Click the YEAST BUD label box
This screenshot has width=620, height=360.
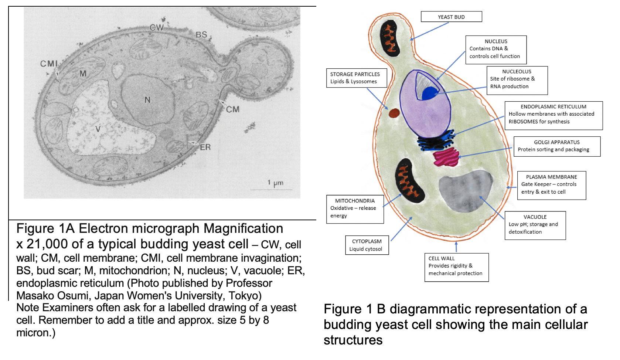(451, 17)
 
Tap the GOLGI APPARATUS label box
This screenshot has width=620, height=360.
(557, 146)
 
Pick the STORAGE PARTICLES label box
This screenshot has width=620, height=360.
(356, 78)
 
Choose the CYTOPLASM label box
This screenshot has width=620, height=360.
(367, 245)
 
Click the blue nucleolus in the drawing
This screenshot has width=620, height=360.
(429, 93)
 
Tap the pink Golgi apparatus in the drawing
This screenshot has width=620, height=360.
(446, 157)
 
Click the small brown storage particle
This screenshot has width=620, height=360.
(394, 113)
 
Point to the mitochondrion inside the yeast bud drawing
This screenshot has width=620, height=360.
(390, 38)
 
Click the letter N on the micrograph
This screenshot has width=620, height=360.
(147, 100)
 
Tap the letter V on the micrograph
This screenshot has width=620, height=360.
(98, 129)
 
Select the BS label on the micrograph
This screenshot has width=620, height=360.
(201, 35)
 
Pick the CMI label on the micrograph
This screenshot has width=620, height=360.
(49, 64)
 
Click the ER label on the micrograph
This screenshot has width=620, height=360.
(205, 147)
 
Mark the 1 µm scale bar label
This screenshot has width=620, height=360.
(275, 183)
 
